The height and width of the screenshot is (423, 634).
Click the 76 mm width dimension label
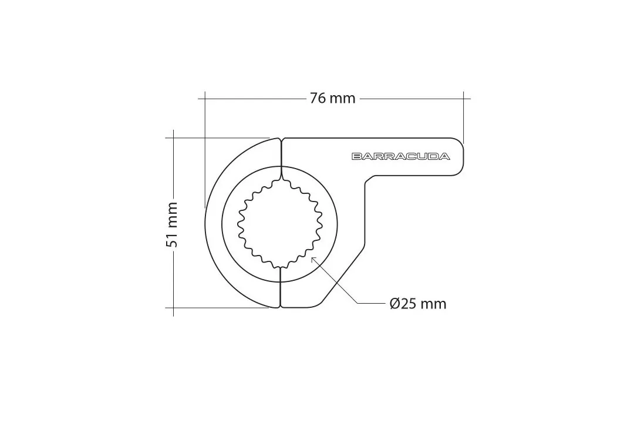pyautogui.click(x=332, y=98)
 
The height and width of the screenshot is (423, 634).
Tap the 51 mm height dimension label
pyautogui.click(x=171, y=224)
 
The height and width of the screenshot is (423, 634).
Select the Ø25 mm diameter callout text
pyautogui.click(x=417, y=304)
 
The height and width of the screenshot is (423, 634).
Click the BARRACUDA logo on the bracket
pyautogui.click(x=401, y=156)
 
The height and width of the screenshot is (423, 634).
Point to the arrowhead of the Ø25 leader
pyautogui.click(x=313, y=258)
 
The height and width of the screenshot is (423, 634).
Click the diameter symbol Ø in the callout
pyautogui.click(x=395, y=304)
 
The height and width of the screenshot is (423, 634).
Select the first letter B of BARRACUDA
pyautogui.click(x=356, y=156)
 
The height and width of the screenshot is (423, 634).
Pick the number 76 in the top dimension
pyautogui.click(x=318, y=98)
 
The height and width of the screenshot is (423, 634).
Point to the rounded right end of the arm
pyautogui.click(x=463, y=157)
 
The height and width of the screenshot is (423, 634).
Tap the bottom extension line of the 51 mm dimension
pyautogui.click(x=217, y=307)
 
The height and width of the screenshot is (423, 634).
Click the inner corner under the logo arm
pyautogui.click(x=367, y=182)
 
